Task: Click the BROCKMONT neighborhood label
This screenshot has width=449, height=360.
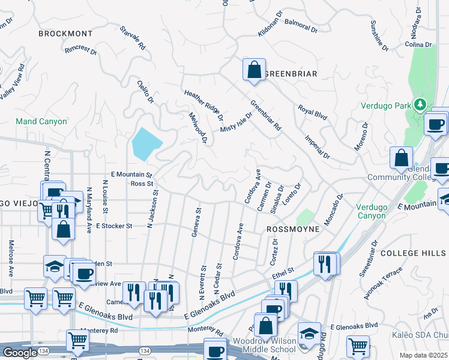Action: pos(65,34)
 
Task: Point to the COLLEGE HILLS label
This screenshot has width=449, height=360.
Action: pos(414,253)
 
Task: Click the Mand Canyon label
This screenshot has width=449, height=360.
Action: pos(41,121)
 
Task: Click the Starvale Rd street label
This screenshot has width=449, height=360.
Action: pos(133,37)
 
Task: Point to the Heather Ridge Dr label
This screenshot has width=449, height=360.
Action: pos(204,105)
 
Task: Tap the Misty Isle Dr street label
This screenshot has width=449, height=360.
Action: pos(237,122)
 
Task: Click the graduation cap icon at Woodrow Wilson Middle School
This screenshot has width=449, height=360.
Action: pos(310,333)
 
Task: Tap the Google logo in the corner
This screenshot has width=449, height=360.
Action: pos(20,353)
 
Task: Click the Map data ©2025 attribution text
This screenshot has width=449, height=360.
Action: pos(424,355)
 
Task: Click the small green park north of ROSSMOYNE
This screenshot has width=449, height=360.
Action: pos(304,217)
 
